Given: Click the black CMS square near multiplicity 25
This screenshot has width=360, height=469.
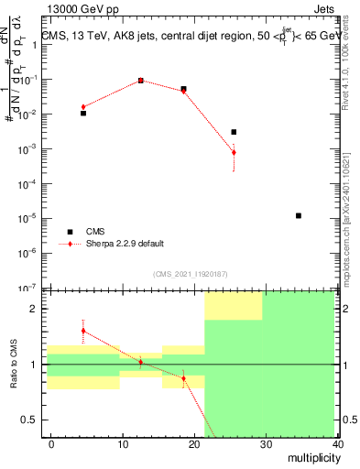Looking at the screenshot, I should (x=234, y=132).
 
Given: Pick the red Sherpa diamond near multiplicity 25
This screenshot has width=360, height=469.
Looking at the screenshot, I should (x=234, y=152).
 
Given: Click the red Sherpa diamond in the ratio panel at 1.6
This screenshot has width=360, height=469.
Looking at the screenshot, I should (x=83, y=331).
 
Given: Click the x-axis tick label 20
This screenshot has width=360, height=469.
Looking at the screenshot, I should (x=195, y=443).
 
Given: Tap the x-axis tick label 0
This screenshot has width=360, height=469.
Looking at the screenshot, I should (x=51, y=443).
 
